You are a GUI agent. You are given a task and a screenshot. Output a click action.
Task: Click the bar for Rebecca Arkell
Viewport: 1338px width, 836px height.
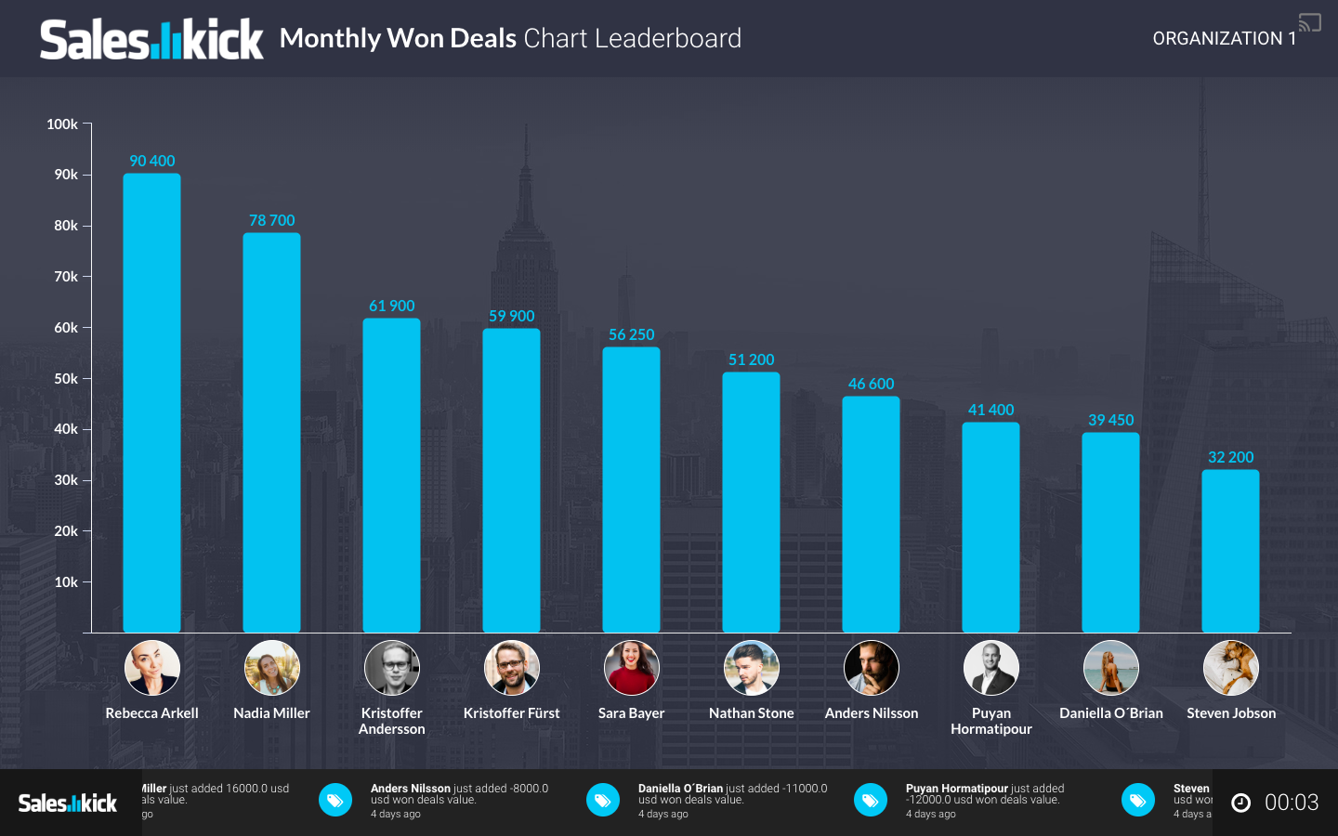151,403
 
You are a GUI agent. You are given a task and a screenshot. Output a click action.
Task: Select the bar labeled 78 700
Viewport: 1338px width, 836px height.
271,433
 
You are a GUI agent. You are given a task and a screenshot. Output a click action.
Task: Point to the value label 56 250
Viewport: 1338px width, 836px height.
631,334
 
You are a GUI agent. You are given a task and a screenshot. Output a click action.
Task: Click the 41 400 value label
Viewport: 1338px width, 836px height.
990,410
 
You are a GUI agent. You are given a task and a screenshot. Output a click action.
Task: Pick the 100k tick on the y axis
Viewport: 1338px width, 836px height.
62,124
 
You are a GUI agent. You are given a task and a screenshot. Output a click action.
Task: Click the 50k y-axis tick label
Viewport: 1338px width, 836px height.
66,378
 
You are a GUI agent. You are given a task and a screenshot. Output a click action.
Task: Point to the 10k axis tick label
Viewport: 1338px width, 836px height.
66,582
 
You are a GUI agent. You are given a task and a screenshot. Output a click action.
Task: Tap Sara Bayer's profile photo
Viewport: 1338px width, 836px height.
631,668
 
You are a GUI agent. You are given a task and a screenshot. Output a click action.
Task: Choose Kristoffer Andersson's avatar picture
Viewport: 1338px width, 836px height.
391,668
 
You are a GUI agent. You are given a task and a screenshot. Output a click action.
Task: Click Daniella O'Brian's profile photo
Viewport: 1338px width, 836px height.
1110,668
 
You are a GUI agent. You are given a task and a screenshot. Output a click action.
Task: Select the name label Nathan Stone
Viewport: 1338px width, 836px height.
751,713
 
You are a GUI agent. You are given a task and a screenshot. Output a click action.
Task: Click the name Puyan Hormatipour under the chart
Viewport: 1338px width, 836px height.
990,721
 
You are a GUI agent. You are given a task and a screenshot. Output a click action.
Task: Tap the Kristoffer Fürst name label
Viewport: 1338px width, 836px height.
511,713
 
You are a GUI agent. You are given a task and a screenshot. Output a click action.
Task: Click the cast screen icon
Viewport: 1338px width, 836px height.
1310,22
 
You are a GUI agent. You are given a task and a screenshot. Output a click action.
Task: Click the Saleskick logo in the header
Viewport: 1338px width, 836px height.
151,39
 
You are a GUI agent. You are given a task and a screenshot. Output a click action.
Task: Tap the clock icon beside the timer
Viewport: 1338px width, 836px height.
1240,803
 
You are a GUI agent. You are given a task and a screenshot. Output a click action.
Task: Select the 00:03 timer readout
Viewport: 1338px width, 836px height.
1292,803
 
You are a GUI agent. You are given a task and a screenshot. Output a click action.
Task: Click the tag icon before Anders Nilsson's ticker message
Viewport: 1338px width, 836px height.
335,800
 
